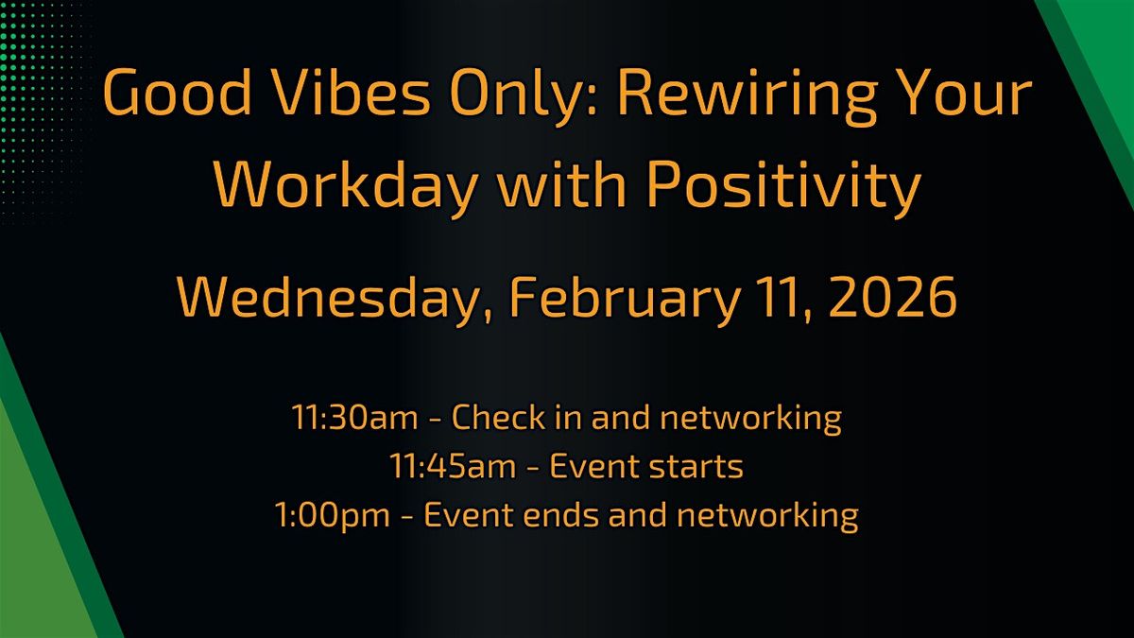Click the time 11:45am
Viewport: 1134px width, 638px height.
[440, 466]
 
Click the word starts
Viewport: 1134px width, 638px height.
[697, 466]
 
